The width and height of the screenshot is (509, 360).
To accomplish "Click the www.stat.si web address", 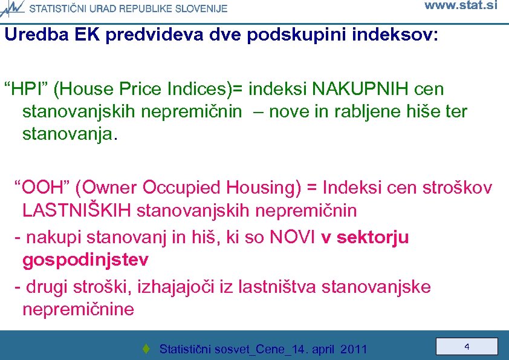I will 461,6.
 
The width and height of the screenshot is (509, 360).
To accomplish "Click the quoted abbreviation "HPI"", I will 25,90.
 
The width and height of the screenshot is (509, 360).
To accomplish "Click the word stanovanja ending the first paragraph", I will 67,134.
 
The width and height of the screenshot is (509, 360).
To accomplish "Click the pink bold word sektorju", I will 373,238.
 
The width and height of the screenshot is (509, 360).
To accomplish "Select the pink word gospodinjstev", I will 85,260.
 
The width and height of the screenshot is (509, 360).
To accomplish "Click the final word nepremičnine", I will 78,310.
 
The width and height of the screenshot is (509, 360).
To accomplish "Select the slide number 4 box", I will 467,347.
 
